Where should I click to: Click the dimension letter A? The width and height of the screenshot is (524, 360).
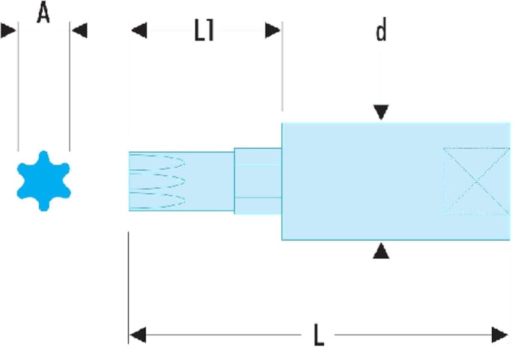[43, 13]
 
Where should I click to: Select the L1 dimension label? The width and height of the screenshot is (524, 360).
[204, 30]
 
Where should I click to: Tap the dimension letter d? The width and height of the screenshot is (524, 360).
[381, 29]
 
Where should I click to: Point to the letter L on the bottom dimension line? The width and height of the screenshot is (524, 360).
[319, 335]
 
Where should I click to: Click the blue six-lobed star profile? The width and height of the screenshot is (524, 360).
[43, 181]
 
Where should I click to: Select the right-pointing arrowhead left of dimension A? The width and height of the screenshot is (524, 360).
[8, 31]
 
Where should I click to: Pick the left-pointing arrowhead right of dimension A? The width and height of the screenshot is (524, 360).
[79, 31]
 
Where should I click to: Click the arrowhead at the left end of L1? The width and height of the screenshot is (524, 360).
[139, 31]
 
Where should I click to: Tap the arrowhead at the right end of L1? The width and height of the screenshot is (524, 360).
[272, 31]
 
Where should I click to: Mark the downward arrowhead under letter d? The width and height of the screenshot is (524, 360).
[381, 112]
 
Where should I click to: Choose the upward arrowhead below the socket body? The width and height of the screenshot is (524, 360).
[381, 251]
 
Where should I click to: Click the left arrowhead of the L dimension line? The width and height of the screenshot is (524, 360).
[138, 335]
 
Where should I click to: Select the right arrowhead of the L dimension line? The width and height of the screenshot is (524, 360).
[500, 335]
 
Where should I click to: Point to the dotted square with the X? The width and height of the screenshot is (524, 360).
[477, 181]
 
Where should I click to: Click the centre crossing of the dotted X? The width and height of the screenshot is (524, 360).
[477, 181]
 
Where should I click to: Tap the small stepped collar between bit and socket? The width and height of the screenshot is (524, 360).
[258, 181]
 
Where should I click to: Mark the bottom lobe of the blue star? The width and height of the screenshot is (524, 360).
[43, 204]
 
